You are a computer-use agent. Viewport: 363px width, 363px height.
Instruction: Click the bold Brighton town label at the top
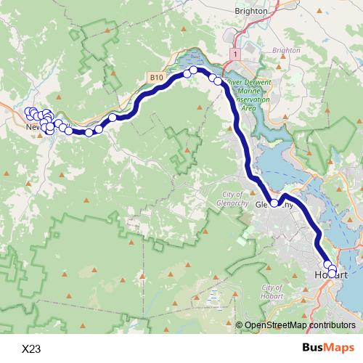pos(252,11)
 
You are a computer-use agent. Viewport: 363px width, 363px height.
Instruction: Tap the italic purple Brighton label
pos(285,50)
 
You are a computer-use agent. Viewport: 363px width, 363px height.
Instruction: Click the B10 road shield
pos(156,77)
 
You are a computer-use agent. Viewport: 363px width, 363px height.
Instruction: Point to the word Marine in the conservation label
pos(265,90)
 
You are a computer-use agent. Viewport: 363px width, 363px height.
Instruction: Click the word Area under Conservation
pos(248,107)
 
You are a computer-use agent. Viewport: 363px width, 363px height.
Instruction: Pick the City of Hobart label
pos(272,292)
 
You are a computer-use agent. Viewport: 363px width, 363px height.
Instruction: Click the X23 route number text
pos(31,349)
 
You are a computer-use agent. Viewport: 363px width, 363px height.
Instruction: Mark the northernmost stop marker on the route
pos(195,70)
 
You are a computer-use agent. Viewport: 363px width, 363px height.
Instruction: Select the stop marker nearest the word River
pos(218,81)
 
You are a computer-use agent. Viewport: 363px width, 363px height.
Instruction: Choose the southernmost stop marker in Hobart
pos(333,273)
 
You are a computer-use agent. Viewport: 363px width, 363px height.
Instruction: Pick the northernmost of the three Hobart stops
pos(327,264)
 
